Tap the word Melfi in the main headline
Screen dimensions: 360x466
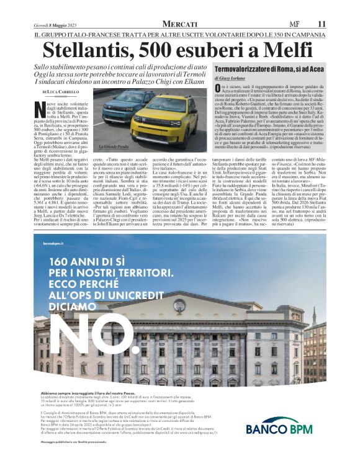(291, 49)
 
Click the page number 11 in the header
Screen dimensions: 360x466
(321, 23)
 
